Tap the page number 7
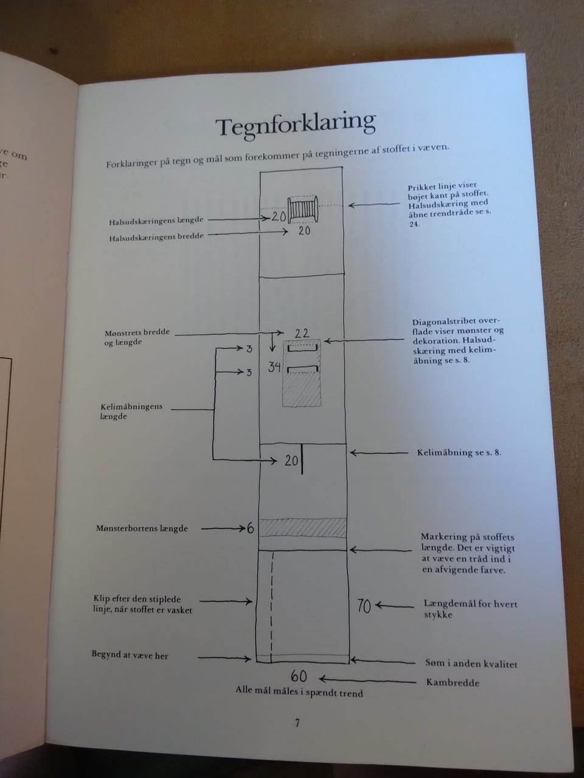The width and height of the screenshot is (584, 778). pyautogui.click(x=297, y=723)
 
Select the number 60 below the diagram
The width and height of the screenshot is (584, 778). pyautogui.click(x=299, y=676)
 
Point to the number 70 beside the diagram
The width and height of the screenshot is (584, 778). pyautogui.click(x=363, y=606)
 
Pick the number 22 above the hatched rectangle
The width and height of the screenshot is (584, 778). pyautogui.click(x=302, y=333)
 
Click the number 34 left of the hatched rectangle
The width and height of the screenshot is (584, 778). pyautogui.click(x=274, y=367)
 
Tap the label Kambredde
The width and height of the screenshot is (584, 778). pyautogui.click(x=453, y=683)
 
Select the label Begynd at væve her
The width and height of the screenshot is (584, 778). pyautogui.click(x=130, y=655)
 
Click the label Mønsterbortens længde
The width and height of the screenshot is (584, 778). pyautogui.click(x=142, y=528)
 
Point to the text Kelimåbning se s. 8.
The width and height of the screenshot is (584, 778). pyautogui.click(x=459, y=453)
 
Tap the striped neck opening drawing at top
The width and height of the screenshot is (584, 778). pyautogui.click(x=302, y=210)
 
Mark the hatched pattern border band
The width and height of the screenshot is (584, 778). pyautogui.click(x=302, y=528)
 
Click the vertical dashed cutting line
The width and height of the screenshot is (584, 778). pyautogui.click(x=271, y=605)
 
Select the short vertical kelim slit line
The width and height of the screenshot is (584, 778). pyautogui.click(x=302, y=459)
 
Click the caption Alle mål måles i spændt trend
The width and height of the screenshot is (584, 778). pyautogui.click(x=299, y=692)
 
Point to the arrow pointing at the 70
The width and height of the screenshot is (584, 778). pyautogui.click(x=394, y=606)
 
